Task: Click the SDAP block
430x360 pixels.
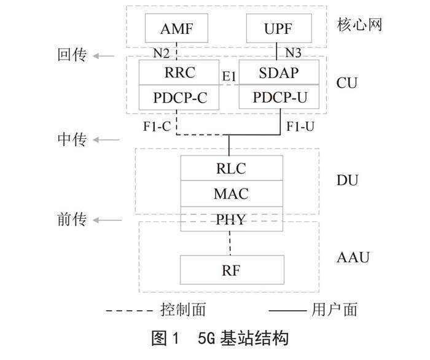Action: [279, 72]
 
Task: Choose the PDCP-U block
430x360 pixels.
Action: [279, 97]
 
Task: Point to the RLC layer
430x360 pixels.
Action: [232, 168]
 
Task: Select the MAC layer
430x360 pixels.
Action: [232, 194]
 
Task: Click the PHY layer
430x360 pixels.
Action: [232, 219]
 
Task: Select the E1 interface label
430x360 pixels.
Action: [229, 76]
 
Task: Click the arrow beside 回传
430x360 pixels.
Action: [104, 56]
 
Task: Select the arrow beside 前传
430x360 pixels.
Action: [104, 219]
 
